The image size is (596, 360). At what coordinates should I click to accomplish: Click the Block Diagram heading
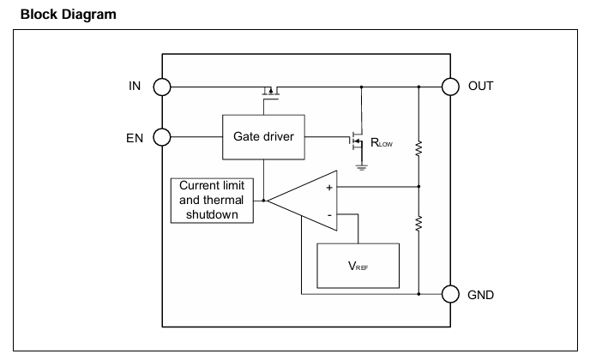tap(69, 15)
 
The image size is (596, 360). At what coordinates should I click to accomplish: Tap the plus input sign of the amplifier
tap(329, 188)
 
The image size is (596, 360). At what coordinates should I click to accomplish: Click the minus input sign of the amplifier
tap(329, 215)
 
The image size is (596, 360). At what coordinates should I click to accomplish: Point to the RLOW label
tap(382, 143)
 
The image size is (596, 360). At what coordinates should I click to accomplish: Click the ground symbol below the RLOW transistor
tap(362, 168)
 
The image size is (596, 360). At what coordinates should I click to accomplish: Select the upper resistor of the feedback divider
tap(418, 148)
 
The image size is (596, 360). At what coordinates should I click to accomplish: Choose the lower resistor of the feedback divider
tap(418, 224)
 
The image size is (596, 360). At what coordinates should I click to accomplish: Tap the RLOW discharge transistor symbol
tap(356, 141)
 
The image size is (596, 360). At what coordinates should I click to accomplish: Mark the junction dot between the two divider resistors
tap(418, 187)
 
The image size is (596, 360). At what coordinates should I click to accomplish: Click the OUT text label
tap(481, 87)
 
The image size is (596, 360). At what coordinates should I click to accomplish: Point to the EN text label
tap(135, 138)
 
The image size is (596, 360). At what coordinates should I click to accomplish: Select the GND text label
tap(481, 295)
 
